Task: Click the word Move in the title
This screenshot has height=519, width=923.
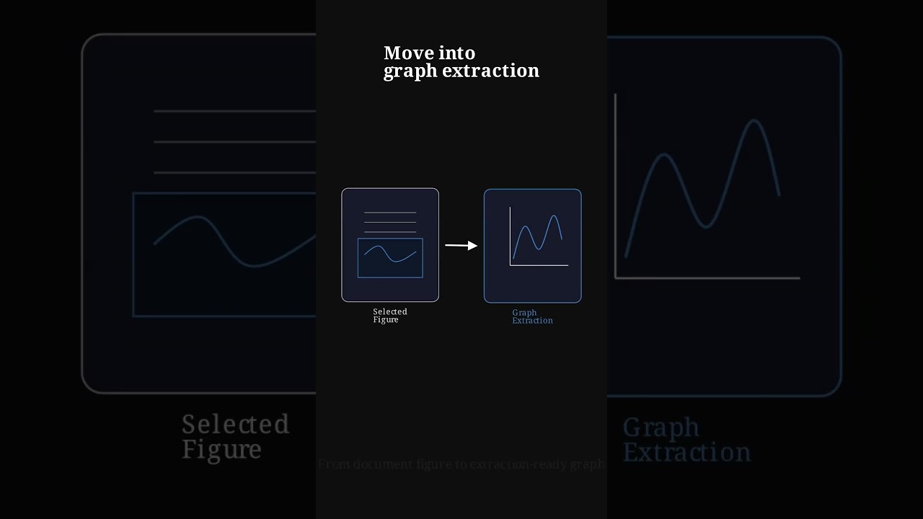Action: [x=407, y=53]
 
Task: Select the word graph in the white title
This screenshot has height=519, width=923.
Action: [x=410, y=71]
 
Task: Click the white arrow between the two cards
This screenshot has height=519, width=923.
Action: [x=461, y=246]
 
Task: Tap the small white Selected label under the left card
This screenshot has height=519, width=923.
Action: [x=390, y=311]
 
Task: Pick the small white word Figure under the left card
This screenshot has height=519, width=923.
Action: [x=386, y=320]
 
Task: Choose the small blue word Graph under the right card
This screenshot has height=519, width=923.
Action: [x=524, y=312]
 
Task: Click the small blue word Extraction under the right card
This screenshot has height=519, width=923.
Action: [x=532, y=321]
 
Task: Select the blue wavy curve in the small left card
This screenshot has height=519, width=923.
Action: [x=390, y=253]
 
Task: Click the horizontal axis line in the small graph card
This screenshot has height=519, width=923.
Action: [x=539, y=265]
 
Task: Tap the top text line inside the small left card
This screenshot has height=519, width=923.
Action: [x=390, y=213]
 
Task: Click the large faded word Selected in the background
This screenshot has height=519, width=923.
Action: [x=235, y=424]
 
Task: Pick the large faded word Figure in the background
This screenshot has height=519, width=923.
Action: [x=221, y=450]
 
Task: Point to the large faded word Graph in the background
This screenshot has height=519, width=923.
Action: [x=661, y=427]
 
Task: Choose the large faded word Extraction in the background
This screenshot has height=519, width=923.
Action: [x=686, y=453]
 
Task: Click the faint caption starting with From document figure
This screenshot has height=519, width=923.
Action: [x=461, y=464]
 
